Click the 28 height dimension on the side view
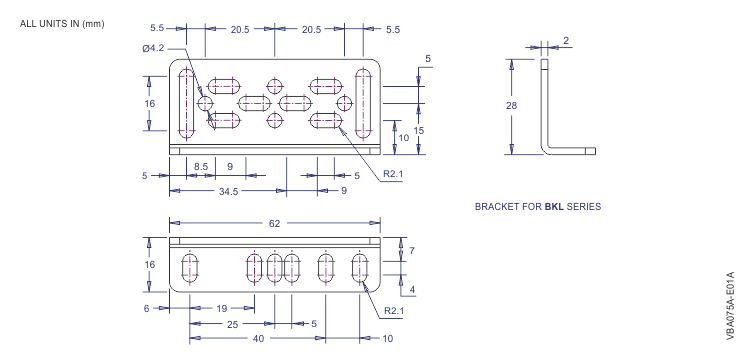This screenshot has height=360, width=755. pos(512,106)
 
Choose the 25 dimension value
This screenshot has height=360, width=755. pos(233,325)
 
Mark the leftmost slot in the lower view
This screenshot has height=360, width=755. pos(190,269)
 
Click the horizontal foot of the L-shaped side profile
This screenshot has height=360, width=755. pos(573,151)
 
